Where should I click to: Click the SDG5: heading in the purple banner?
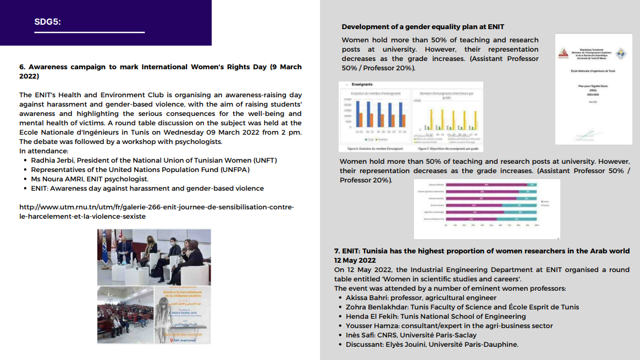[47, 22]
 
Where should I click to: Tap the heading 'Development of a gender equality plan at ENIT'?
[423, 26]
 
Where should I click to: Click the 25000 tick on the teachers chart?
[347, 99]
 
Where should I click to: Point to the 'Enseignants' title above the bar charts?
[362, 85]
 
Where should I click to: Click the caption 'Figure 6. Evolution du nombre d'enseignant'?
[371, 148]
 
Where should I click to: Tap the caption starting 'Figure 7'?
[448, 148]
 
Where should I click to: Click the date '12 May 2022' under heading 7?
[355, 260]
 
